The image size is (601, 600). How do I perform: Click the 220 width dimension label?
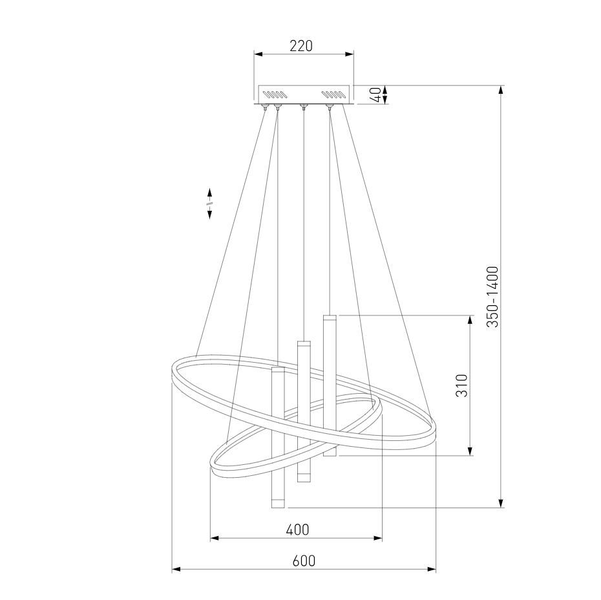301,46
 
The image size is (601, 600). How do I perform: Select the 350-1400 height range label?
492,297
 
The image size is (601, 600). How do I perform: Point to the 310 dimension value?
462,385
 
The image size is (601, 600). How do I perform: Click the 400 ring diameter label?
297,530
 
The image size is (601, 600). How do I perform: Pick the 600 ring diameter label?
304,561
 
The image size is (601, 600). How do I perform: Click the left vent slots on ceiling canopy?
275,94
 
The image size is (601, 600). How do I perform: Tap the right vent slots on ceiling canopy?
333,94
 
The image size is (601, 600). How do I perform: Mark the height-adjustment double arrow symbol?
209,204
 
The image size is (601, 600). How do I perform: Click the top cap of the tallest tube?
330,318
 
